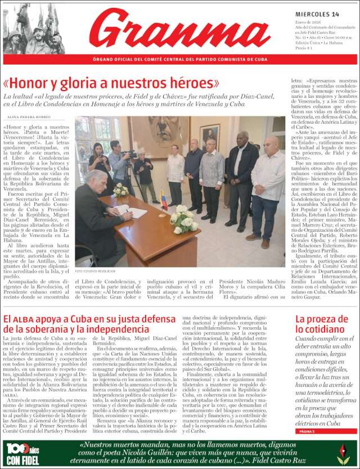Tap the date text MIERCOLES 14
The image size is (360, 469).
coord(317,14)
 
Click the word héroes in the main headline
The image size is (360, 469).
coord(188,83)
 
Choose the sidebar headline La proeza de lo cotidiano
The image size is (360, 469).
coord(323,324)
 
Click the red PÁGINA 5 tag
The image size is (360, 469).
coord(307,431)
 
